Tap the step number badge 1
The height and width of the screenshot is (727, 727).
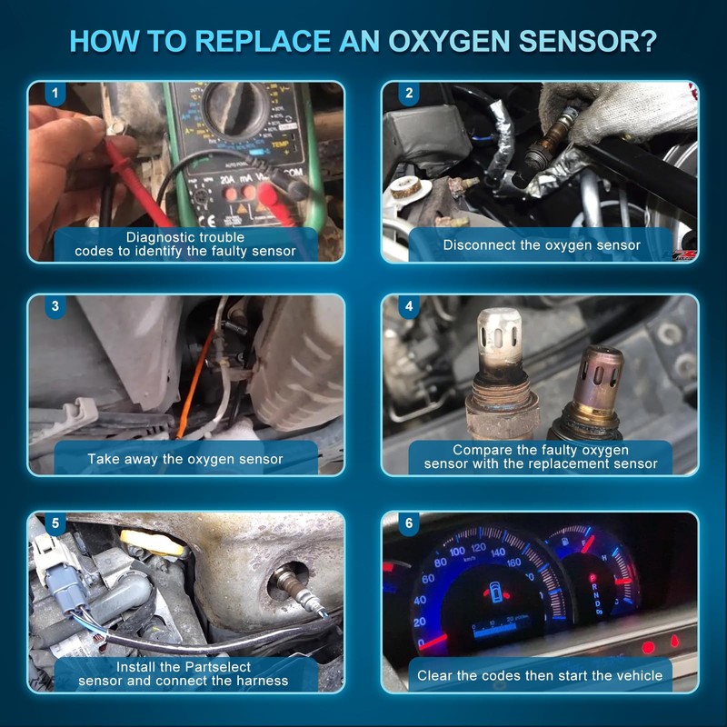coord(55,94)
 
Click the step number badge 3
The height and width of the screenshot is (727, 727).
coord(55,306)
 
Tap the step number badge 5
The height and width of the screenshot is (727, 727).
coord(55,523)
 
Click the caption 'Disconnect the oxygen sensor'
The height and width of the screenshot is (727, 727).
coord(542,244)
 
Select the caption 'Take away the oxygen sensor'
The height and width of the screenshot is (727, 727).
coord(185,459)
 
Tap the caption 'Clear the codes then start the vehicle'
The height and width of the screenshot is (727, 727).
coord(540,675)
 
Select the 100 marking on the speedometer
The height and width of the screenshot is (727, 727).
coord(456,552)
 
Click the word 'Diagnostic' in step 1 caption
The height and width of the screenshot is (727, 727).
coord(160,237)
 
